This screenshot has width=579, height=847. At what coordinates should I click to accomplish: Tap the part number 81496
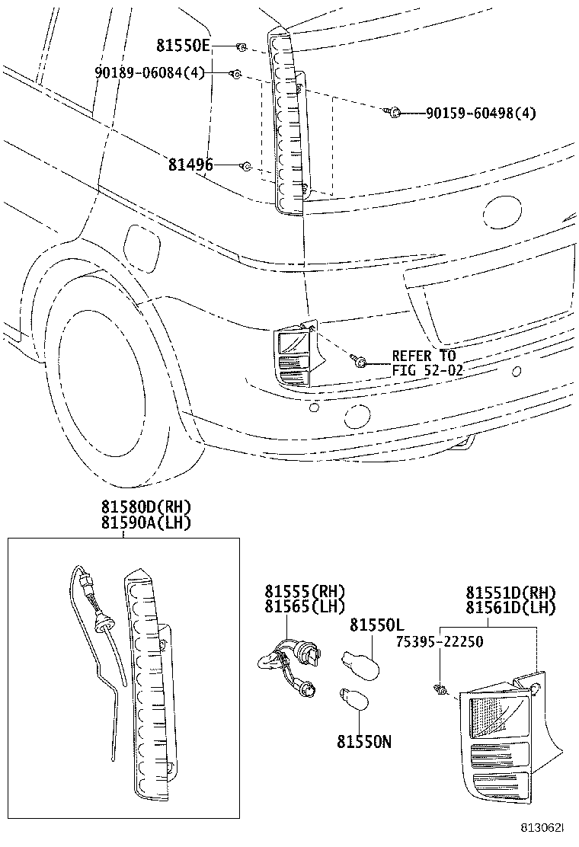point(191,165)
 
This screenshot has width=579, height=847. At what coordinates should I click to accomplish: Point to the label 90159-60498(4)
point(481,113)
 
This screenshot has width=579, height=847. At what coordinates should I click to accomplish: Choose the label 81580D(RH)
point(145,507)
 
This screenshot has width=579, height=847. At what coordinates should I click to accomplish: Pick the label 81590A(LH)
point(145,523)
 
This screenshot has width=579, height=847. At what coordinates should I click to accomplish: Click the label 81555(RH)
point(305,591)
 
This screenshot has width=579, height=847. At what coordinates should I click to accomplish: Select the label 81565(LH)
point(305,606)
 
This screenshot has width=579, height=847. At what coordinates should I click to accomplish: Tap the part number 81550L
point(376,625)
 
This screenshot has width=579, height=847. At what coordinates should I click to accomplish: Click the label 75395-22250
point(439,641)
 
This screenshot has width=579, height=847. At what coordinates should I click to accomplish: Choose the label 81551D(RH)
point(511,592)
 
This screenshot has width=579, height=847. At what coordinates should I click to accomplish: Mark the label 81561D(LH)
point(511,607)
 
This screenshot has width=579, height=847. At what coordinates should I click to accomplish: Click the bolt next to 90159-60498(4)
point(395,113)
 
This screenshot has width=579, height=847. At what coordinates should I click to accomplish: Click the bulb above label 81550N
point(352,698)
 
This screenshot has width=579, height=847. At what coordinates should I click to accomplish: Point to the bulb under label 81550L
point(357,659)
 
